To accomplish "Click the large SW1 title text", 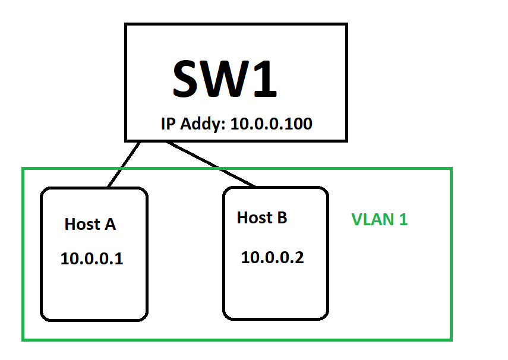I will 225,78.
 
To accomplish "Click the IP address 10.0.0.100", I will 272,124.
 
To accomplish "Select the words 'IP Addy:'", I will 193,125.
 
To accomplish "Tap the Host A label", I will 90,225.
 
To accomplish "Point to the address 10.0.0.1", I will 91,259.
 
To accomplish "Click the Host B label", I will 262,218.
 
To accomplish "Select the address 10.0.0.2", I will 272,258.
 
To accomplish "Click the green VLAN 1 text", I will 379,219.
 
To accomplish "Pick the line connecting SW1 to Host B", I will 211,164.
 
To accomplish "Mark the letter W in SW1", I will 225,78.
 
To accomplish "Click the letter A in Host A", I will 110,225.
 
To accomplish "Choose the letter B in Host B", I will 281,218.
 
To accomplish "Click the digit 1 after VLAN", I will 403,219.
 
